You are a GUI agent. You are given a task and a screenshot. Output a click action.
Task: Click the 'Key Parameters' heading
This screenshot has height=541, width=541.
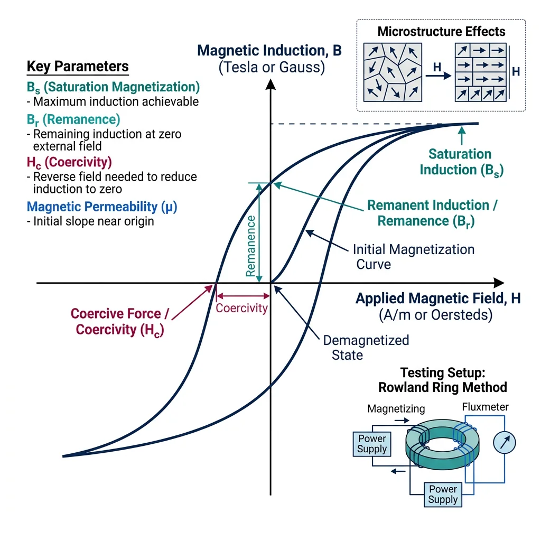(78, 67)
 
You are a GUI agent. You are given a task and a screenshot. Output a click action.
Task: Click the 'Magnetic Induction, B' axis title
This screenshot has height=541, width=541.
(269, 51)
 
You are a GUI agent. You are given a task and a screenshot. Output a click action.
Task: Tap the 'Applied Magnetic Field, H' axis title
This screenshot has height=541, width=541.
(438, 299)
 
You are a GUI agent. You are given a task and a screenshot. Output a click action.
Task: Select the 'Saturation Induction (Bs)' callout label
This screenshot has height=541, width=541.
(460, 162)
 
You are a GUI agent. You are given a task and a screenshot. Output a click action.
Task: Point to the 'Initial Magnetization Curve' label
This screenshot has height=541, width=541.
(413, 256)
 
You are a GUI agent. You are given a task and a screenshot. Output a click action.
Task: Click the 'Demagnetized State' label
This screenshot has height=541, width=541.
(366, 347)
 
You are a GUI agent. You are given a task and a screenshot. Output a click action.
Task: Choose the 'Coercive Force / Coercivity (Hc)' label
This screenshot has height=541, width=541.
(119, 321)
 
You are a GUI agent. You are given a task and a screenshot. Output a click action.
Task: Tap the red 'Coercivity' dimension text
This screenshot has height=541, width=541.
(242, 309)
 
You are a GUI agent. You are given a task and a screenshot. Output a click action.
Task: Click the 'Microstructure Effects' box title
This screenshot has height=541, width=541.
(441, 31)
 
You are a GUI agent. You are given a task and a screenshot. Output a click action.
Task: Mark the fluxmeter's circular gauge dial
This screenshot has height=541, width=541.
(503, 443)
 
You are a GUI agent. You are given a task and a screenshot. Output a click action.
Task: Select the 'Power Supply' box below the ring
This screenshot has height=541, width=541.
(443, 494)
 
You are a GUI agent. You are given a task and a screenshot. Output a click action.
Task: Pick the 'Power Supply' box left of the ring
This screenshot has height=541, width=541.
(372, 444)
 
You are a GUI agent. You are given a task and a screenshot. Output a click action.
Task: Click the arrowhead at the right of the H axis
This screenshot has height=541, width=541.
(498, 283)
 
